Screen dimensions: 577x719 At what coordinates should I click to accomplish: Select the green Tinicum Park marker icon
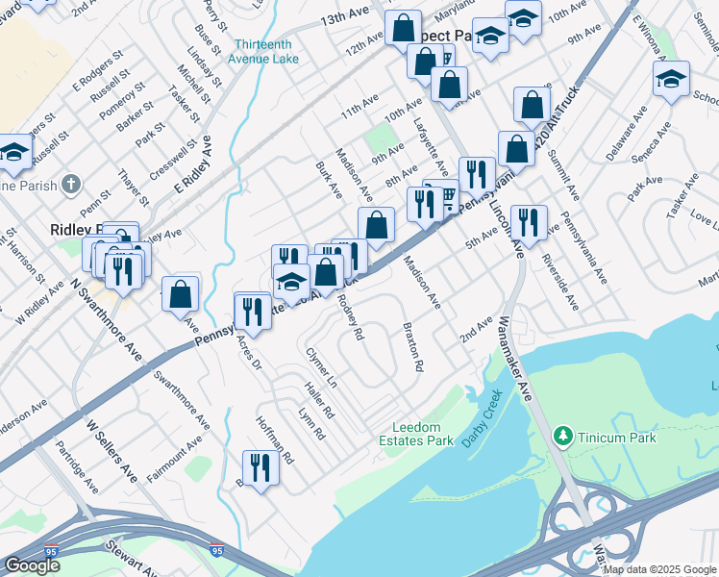(563, 438)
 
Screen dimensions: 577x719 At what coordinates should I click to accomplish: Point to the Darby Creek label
(488, 411)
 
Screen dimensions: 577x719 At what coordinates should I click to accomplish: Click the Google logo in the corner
(32, 565)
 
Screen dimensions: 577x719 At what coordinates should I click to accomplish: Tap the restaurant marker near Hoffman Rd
(260, 469)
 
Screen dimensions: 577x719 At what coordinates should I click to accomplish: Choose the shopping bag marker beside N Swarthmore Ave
(180, 294)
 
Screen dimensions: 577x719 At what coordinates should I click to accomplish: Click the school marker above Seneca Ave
(671, 79)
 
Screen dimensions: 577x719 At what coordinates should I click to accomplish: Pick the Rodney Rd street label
(351, 317)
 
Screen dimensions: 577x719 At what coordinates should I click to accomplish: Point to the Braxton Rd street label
(413, 346)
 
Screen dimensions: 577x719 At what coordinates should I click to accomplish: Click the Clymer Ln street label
(321, 367)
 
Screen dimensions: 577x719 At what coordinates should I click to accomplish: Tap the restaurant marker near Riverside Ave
(528, 223)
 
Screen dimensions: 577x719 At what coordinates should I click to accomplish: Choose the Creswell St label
(178, 160)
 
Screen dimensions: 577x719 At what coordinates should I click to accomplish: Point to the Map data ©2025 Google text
(657, 569)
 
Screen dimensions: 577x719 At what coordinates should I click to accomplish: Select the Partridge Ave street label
(77, 466)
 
